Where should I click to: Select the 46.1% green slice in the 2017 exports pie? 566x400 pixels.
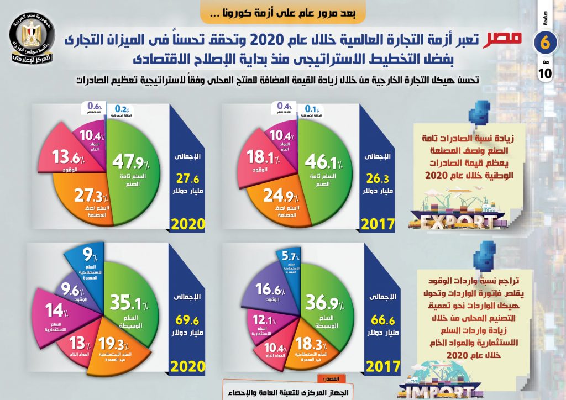[323, 166]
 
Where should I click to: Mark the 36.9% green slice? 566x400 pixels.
[323, 307]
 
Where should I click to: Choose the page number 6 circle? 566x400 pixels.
[544, 43]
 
